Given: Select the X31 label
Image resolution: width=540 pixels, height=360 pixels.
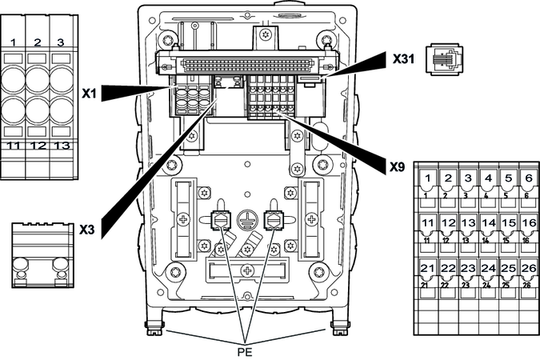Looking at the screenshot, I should (404, 59).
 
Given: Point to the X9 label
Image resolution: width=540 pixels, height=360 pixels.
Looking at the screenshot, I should (397, 168).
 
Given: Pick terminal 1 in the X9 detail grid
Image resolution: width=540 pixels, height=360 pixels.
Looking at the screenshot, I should (429, 178).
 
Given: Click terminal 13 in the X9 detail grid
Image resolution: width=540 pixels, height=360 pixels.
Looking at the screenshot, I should (468, 222).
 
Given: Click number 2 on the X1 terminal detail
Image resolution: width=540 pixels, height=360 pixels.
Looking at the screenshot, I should (38, 41).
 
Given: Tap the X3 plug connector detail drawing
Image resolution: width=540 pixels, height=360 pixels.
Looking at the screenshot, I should (38, 255).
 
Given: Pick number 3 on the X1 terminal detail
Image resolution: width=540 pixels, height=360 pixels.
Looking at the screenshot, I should (60, 41).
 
